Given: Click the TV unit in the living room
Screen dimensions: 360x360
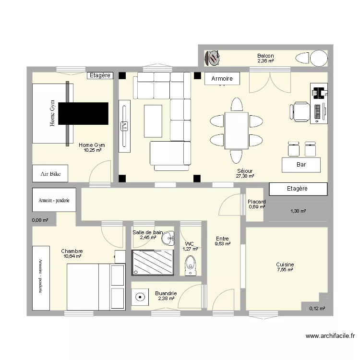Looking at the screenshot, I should pos(124,126).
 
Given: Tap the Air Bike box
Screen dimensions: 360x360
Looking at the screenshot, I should pos(50,174).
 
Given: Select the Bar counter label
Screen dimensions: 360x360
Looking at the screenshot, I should pos(301,165).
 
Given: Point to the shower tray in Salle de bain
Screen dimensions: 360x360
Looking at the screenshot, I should pos(152,262).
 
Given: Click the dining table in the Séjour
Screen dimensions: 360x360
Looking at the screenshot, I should pos(236,131).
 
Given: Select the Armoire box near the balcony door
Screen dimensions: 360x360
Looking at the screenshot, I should pos(222,79).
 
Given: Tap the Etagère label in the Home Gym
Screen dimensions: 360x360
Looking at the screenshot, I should pos(100,75).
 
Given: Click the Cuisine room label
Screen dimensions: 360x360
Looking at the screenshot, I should pos(285,264).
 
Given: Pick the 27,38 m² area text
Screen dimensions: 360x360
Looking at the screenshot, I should pos(245,176).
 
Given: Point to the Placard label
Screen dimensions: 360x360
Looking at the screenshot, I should pos(257,202).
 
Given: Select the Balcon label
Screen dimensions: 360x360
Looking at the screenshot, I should pos(265,56).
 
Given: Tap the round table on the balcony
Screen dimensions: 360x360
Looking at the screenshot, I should pos(319,59).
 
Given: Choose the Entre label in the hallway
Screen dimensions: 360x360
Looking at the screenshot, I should pos(222,239).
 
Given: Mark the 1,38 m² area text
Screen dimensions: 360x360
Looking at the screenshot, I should pos(298,211).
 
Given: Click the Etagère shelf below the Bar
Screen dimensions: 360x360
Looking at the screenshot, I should pos(297,189).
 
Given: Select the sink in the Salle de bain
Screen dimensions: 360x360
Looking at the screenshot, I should pos(168,238).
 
